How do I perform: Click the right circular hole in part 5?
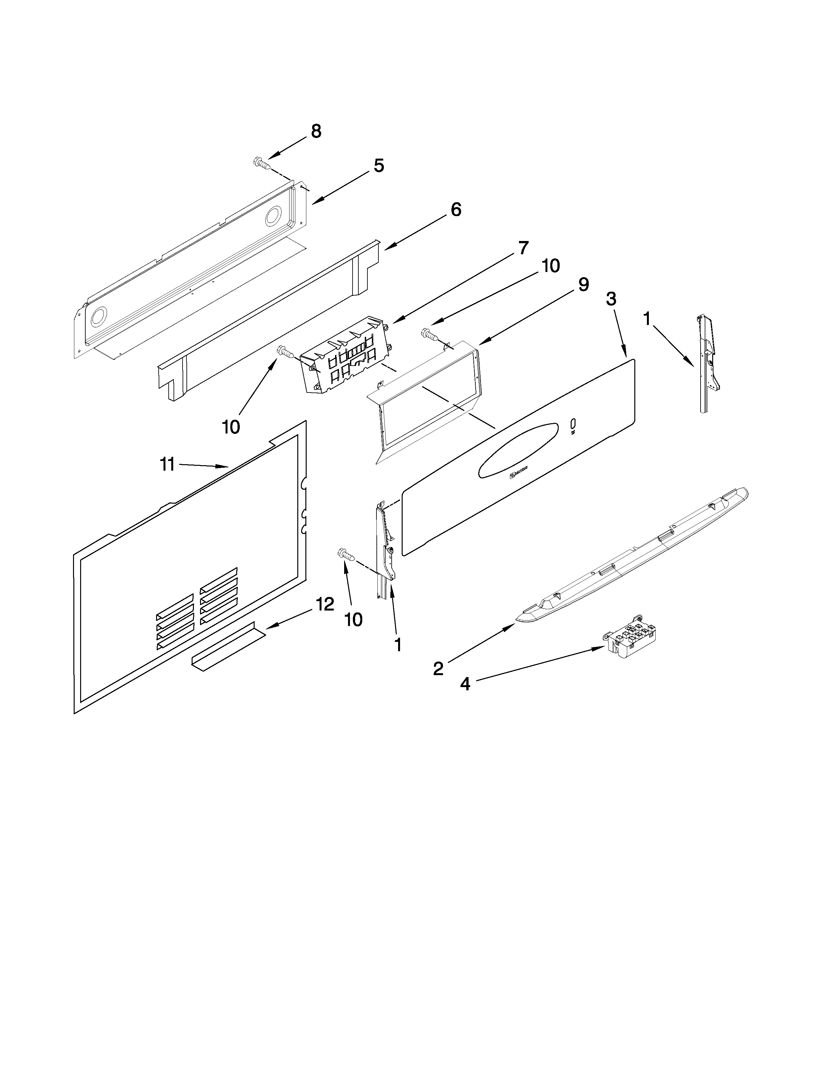(273, 216)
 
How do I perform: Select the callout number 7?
(523, 248)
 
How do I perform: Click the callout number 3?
(611, 299)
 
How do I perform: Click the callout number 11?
(167, 464)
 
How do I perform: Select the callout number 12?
(325, 604)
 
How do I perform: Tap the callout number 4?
(465, 684)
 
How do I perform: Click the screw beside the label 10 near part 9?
(428, 334)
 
